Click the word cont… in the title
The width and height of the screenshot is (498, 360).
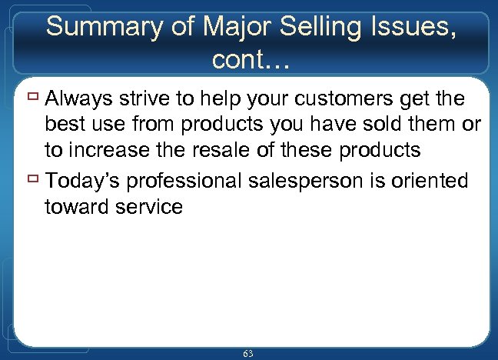(249, 58)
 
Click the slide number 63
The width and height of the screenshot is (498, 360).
(248, 353)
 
